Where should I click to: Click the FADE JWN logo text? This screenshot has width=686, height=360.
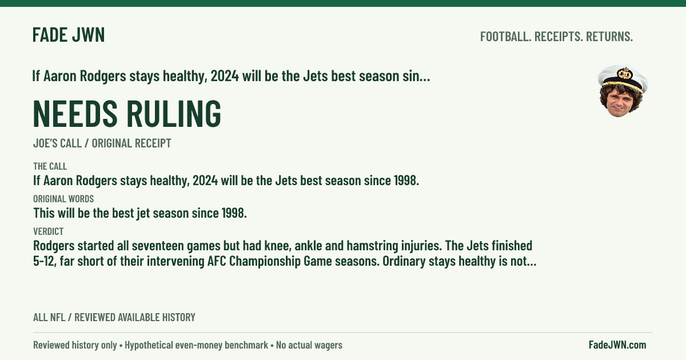tap(69, 35)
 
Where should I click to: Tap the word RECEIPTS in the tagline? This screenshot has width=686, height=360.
tap(559, 37)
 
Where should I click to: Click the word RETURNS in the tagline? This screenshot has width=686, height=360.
tap(609, 37)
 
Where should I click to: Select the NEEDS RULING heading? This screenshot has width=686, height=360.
tap(127, 113)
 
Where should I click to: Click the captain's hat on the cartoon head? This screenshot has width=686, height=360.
tap(623, 78)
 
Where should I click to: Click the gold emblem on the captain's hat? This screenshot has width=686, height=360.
tap(624, 74)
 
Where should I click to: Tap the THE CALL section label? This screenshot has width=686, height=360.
tap(50, 166)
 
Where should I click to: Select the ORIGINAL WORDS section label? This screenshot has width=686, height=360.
tap(63, 199)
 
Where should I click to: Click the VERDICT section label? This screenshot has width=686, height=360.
tap(49, 231)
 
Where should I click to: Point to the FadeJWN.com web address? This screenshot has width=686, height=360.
tap(617, 345)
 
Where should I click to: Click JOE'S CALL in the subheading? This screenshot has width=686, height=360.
tap(57, 143)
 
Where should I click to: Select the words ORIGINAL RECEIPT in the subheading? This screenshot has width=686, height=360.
tap(131, 143)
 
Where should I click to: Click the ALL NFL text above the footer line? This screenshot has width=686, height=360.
tap(49, 318)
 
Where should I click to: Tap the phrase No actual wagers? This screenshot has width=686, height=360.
tap(309, 345)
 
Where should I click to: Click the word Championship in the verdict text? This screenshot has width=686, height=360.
tap(265, 262)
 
